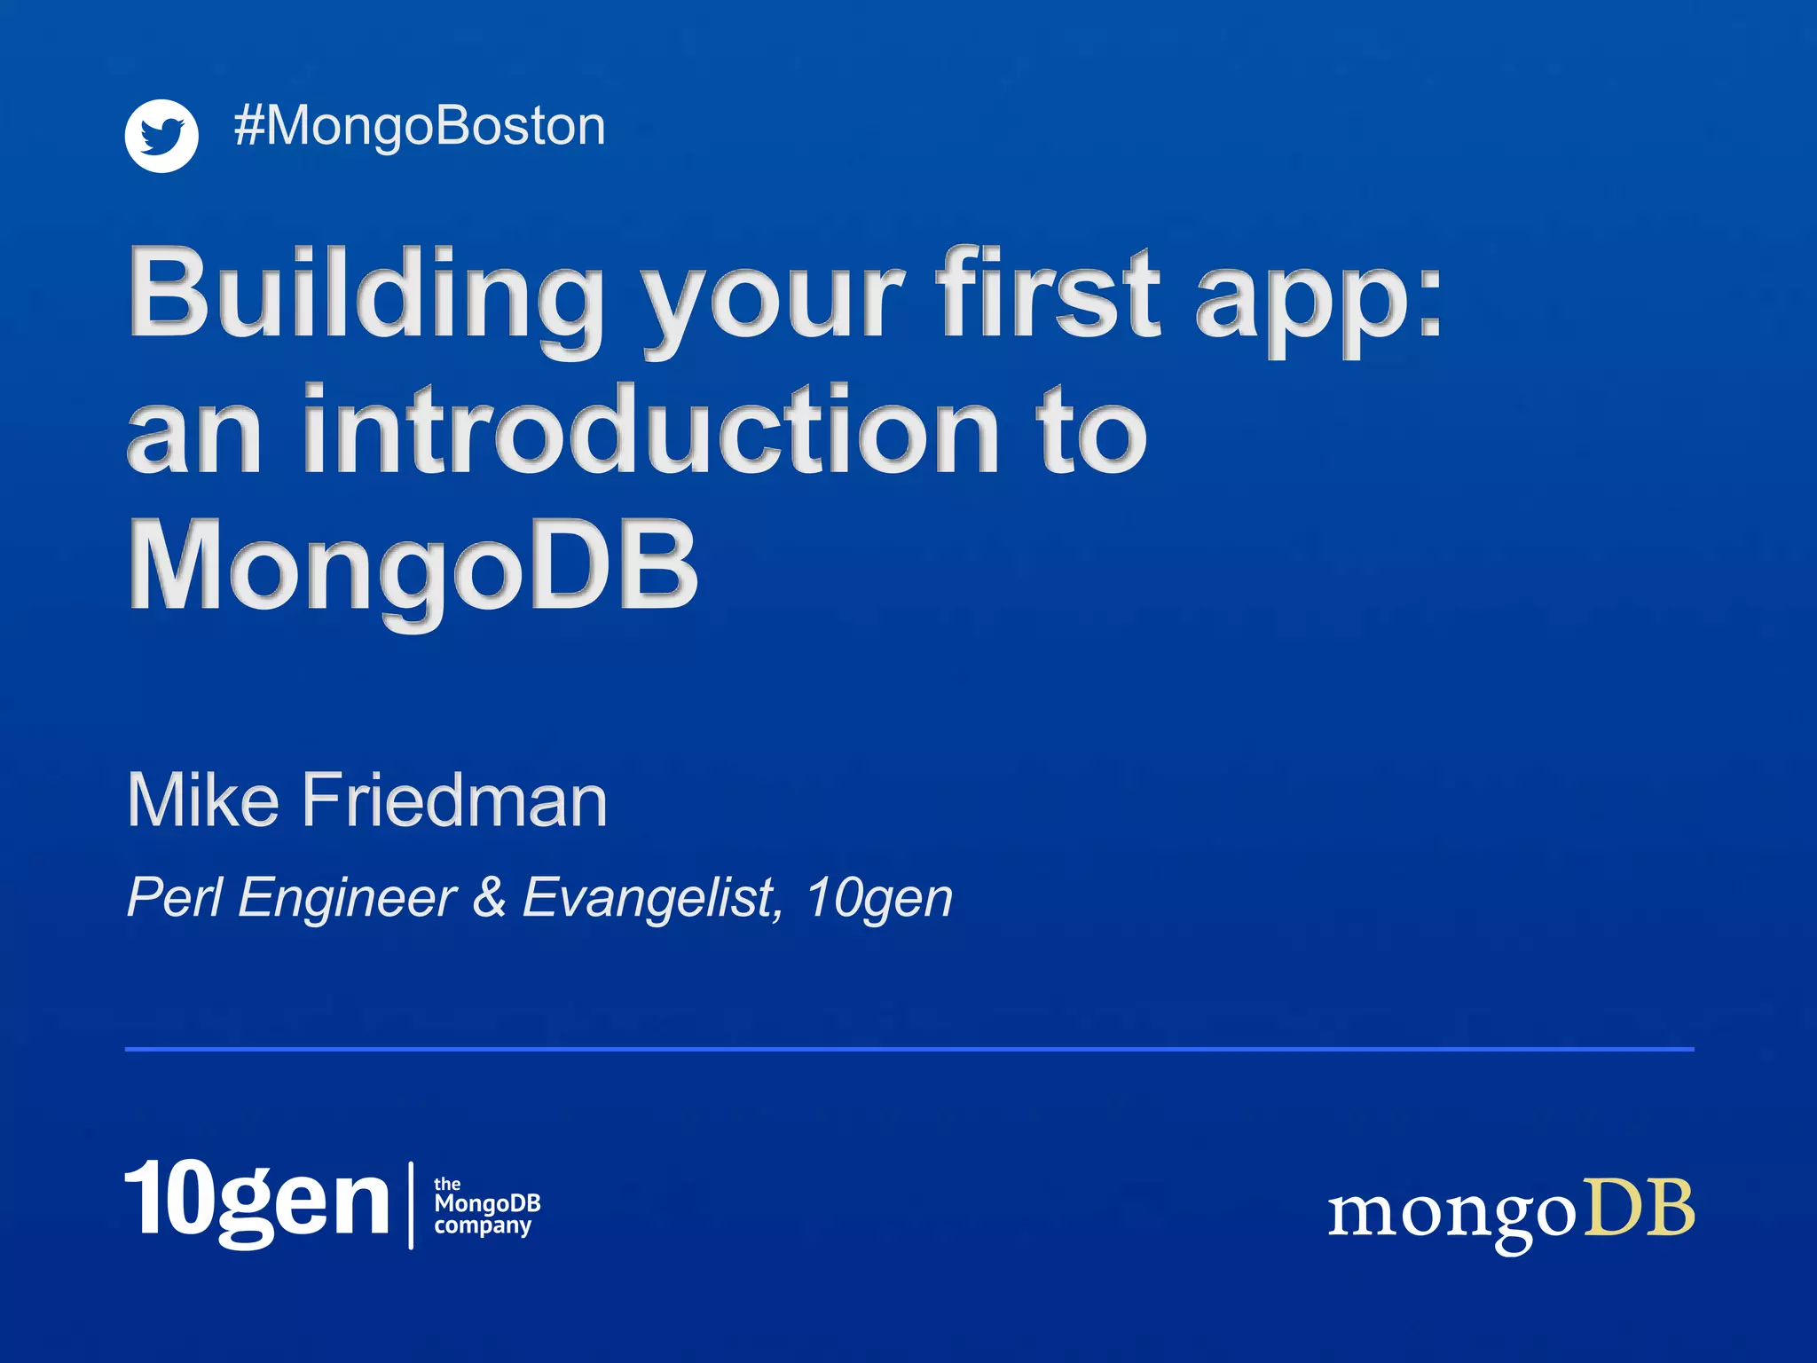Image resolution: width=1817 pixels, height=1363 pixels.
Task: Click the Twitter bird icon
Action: (x=161, y=136)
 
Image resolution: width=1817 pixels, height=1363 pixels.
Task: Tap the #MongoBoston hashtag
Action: (x=419, y=126)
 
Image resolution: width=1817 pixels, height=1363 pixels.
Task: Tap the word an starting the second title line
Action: (x=194, y=434)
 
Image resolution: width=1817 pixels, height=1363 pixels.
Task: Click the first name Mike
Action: (x=203, y=800)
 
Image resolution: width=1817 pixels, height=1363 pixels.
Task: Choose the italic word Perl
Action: (x=174, y=897)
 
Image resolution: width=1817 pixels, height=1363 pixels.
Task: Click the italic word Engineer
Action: (x=347, y=899)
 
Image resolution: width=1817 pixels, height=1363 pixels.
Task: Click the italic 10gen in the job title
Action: (x=879, y=899)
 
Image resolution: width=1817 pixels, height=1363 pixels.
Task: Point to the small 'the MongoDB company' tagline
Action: (x=486, y=1206)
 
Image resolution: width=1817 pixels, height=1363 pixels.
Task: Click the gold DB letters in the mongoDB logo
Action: (x=1639, y=1209)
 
